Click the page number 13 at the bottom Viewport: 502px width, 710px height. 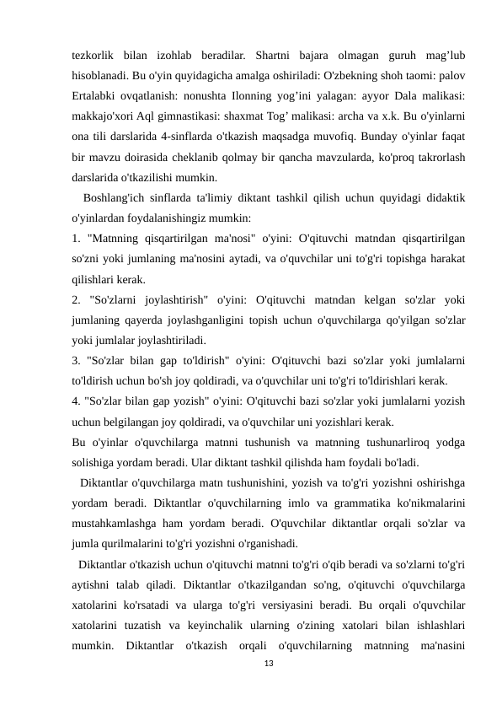pos(269,664)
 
